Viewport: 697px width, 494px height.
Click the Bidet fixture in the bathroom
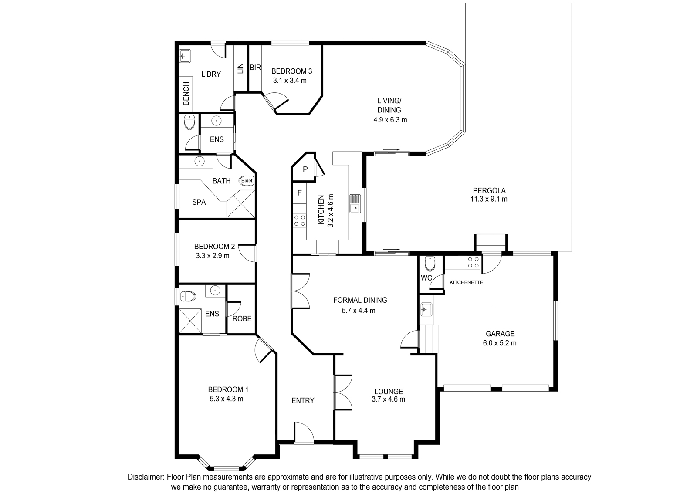pos(247,180)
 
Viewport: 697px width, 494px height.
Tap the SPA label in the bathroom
pos(199,202)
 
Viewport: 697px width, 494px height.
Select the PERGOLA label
pos(489,190)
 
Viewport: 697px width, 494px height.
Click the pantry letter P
pos(305,169)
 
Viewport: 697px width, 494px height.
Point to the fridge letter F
pos(299,193)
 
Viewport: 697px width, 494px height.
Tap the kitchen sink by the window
pos(355,204)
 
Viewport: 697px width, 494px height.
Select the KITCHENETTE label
pos(467,282)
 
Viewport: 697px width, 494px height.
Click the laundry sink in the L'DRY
pos(185,56)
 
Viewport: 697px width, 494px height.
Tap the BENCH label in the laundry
pos(186,93)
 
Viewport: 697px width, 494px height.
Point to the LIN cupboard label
pos(240,68)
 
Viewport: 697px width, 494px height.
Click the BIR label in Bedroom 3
pos(255,68)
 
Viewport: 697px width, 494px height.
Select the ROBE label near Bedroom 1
pos(242,318)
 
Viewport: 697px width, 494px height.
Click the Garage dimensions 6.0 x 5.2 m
pos(500,343)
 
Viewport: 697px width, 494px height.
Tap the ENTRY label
pos(303,400)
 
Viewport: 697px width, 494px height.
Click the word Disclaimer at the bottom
pos(145,477)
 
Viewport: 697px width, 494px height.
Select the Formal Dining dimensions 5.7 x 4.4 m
pos(359,311)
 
